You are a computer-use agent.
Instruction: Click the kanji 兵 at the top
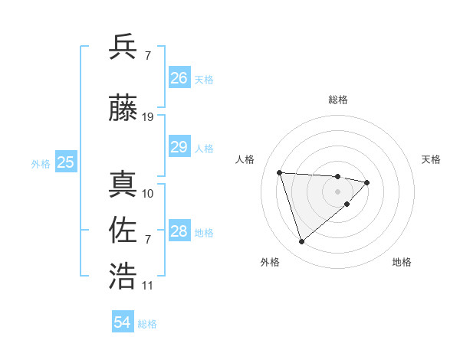tap(123, 47)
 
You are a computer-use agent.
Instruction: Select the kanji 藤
tap(123, 110)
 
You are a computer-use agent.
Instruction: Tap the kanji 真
tap(123, 184)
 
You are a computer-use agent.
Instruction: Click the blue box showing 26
tap(179, 78)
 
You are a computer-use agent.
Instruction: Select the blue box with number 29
tap(179, 148)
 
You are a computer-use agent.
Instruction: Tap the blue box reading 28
tap(179, 231)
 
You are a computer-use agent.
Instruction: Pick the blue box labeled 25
tap(65, 162)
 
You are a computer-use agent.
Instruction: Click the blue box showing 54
tap(123, 323)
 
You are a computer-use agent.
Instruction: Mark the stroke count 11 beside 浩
tap(148, 286)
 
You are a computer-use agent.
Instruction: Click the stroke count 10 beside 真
tap(148, 193)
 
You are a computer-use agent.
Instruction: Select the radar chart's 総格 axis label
tap(338, 100)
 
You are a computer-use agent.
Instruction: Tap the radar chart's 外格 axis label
tap(270, 263)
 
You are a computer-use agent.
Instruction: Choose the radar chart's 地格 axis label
tap(402, 263)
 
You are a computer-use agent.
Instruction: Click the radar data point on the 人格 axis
tap(280, 172)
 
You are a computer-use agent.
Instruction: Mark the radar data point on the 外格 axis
tap(302, 242)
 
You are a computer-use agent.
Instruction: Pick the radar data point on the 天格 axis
tap(367, 182)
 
